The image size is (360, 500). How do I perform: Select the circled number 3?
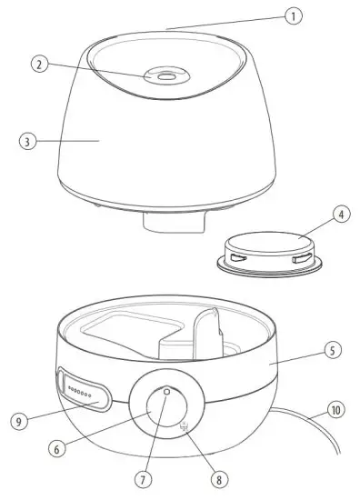[x=28, y=142]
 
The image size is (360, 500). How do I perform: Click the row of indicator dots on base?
[x=83, y=393]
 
